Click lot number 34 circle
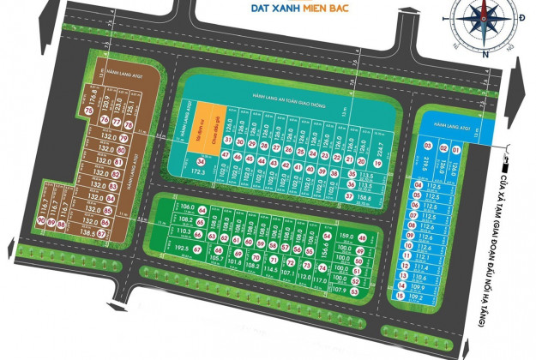200,161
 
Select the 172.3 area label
199,173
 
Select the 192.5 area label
180,249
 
